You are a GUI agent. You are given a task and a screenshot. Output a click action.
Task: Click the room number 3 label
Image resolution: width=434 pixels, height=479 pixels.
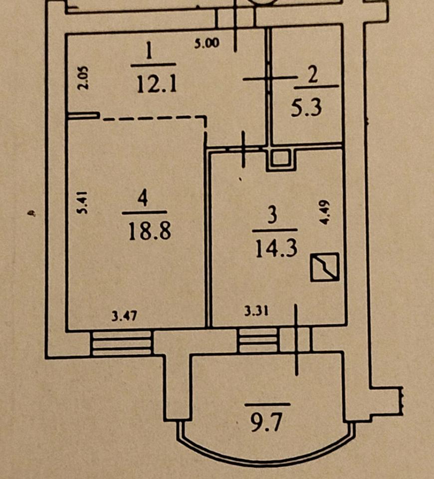coord(272,217)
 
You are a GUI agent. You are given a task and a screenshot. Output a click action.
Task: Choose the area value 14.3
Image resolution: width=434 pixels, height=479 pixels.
coord(276,248)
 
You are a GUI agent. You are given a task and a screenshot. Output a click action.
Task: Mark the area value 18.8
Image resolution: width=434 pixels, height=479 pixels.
coord(150,231)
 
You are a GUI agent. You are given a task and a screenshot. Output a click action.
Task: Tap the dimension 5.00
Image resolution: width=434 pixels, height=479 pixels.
coord(207,43)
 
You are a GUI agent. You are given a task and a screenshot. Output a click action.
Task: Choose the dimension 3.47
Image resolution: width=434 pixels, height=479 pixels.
coord(124,315)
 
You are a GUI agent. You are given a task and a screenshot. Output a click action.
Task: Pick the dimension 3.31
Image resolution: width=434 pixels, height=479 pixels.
coord(257,312)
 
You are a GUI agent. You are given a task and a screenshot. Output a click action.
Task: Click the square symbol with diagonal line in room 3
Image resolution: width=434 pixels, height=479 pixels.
coord(325,267)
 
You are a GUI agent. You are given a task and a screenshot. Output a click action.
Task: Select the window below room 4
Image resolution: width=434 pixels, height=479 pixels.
coord(122,343)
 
